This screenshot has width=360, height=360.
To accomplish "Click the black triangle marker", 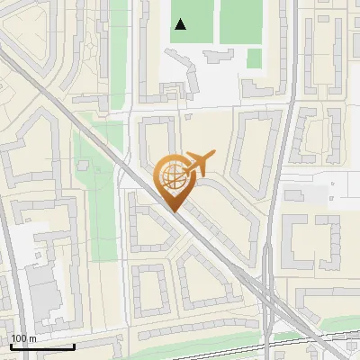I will pyautogui.click(x=181, y=24).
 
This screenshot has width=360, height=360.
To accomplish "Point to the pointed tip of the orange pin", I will pyautogui.click(x=172, y=211).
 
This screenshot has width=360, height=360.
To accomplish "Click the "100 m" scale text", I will pyautogui.click(x=23, y=338).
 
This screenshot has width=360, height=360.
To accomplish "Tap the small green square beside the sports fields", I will pyautogui.click(x=255, y=58).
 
